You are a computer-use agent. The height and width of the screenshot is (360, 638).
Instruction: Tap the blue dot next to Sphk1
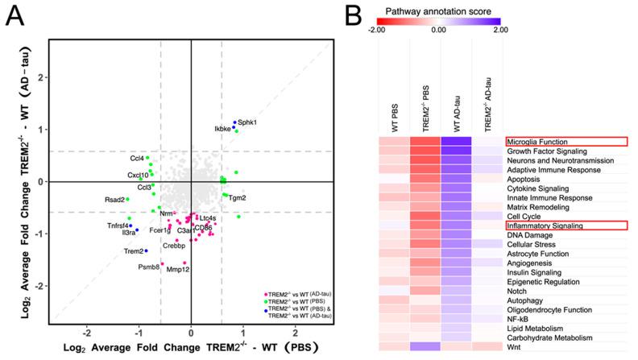(235, 123)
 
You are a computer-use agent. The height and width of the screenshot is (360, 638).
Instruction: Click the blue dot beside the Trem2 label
(146, 251)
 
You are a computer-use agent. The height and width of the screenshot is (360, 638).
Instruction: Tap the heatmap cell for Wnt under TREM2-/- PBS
(425, 346)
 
